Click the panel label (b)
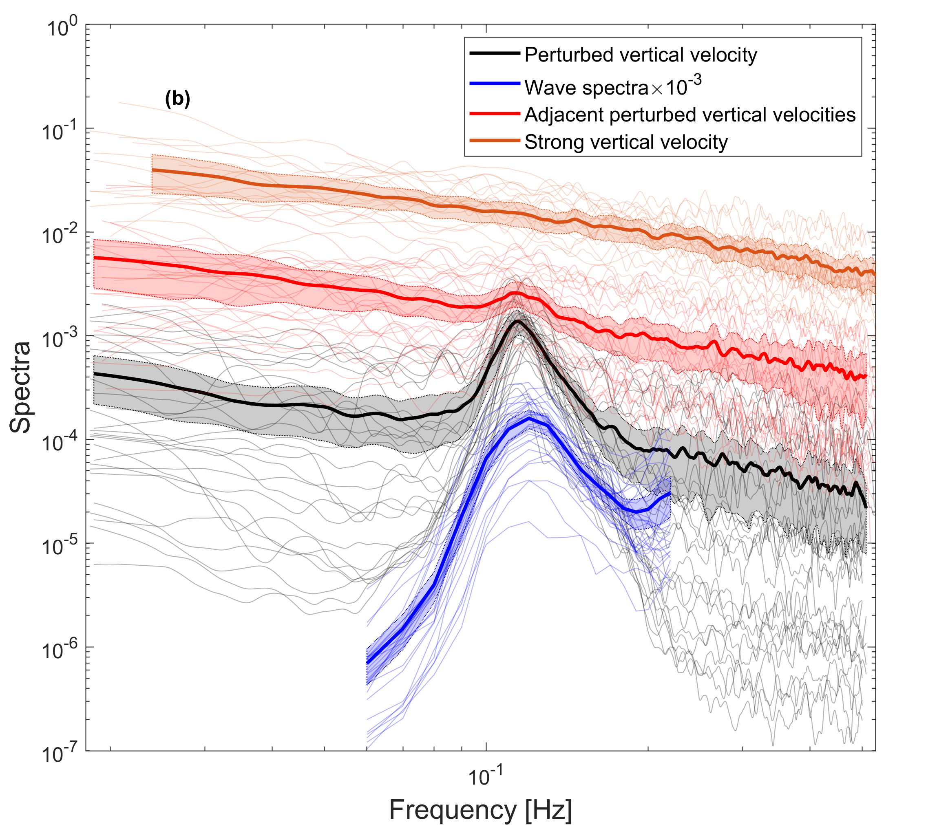[x=177, y=99]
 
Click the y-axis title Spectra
[x=21, y=387]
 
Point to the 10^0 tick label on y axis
[x=62, y=27]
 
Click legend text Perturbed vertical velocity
[x=641, y=55]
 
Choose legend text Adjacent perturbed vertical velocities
[x=690, y=115]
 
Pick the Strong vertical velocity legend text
[x=626, y=142]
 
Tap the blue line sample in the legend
[x=495, y=84]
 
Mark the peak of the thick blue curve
[x=530, y=419]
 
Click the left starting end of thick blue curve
[x=367, y=663]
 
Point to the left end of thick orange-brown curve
[x=152, y=170]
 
